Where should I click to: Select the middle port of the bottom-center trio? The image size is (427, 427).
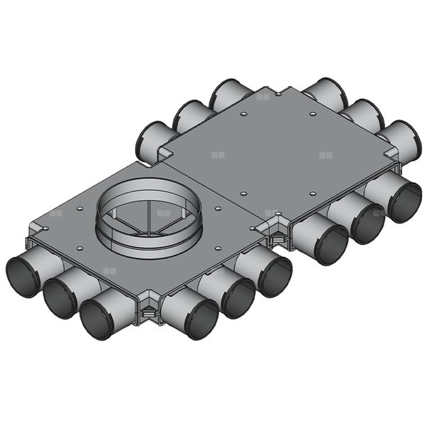[237, 297]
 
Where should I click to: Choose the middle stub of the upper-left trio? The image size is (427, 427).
[189, 115]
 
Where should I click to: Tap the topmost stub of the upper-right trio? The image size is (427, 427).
[325, 91]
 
